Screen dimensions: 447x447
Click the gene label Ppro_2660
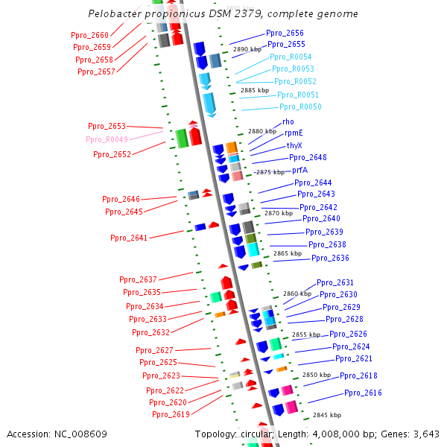point(89,35)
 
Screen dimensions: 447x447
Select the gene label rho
point(288,121)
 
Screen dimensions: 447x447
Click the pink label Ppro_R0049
point(107,139)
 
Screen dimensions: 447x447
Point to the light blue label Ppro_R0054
point(291,57)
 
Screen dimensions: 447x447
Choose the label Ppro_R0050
point(300,107)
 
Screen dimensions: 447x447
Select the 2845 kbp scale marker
point(327,415)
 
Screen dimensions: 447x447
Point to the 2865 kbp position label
point(288,253)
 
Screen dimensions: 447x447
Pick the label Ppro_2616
point(363,393)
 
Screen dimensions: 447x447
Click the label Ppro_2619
point(171,414)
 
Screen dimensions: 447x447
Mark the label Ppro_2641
point(129,238)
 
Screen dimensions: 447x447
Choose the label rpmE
point(294,133)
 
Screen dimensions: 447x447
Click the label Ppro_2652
point(112,154)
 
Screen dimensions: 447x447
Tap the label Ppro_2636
point(330,258)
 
